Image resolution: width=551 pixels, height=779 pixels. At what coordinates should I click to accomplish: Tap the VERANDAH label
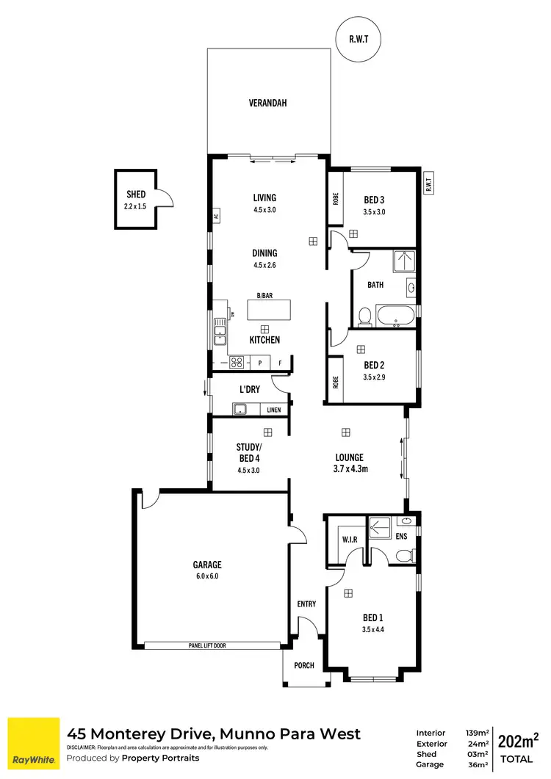click(267, 104)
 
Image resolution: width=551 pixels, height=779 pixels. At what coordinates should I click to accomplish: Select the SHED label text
click(136, 194)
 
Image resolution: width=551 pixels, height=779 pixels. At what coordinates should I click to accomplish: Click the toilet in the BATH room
click(364, 316)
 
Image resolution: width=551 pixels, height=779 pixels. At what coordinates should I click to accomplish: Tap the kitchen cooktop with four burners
click(237, 361)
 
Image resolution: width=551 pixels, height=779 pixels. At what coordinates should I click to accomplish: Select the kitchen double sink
click(219, 332)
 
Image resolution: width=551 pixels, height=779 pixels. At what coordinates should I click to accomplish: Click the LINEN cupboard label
click(273, 410)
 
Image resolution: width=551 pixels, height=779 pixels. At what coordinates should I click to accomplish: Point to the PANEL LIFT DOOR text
click(212, 645)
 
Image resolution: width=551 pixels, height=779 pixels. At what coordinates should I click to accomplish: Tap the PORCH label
click(303, 666)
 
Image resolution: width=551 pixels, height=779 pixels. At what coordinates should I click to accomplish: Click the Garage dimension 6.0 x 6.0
click(207, 576)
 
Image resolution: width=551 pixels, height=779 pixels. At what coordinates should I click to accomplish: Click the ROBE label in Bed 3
click(335, 198)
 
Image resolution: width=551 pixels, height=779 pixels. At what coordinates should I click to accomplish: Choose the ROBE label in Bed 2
click(335, 380)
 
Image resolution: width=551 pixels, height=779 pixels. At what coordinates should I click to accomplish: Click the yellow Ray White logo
click(33, 743)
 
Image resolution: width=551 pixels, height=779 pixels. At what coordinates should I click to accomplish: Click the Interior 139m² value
click(477, 733)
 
